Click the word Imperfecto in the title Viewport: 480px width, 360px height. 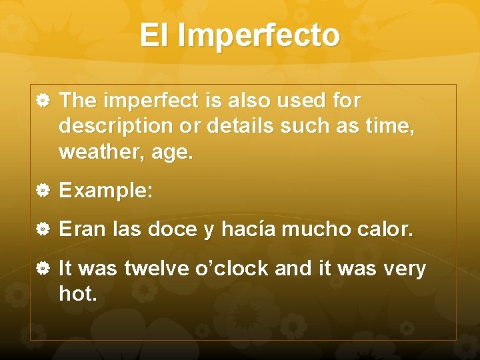click(259, 36)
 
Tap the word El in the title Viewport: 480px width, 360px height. click(154, 35)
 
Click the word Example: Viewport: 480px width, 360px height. click(106, 191)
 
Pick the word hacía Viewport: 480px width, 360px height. click(249, 230)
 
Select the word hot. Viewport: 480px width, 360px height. click(78, 293)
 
